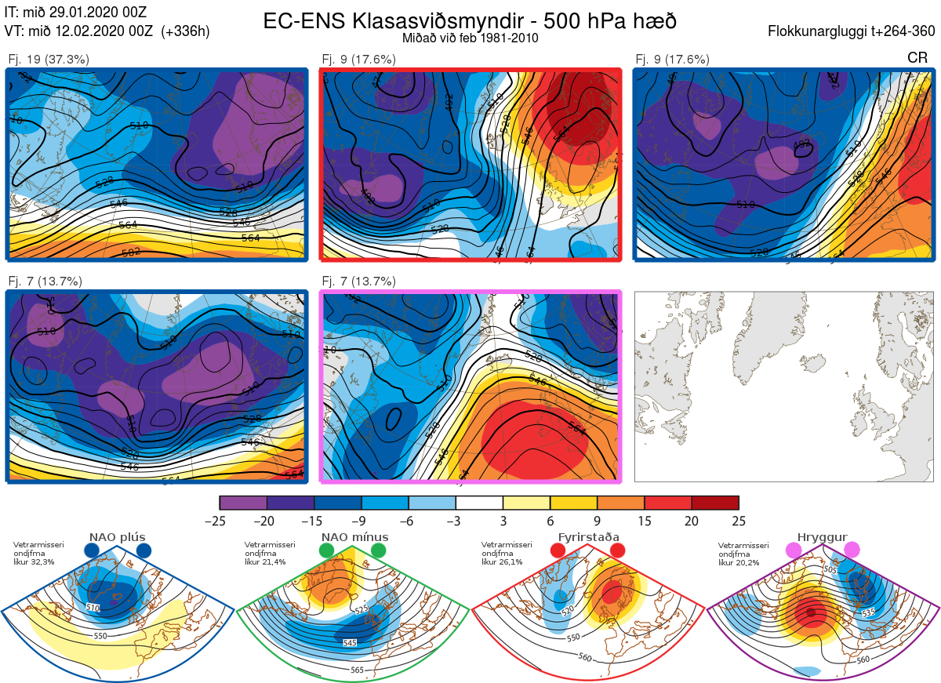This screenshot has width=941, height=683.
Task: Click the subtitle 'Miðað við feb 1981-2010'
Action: coord(470,38)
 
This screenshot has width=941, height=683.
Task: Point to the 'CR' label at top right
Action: coord(917,58)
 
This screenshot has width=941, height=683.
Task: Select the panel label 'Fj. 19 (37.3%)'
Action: coord(49,59)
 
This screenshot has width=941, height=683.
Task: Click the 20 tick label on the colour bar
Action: coord(692,521)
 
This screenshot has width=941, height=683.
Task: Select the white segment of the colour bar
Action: coord(479,503)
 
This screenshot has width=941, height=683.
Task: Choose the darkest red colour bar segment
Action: coord(715,503)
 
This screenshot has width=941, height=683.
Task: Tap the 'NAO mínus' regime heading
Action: coord(354,536)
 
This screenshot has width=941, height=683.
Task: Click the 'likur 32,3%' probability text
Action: coord(34,561)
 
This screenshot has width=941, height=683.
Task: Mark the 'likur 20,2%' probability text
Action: coord(739,561)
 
